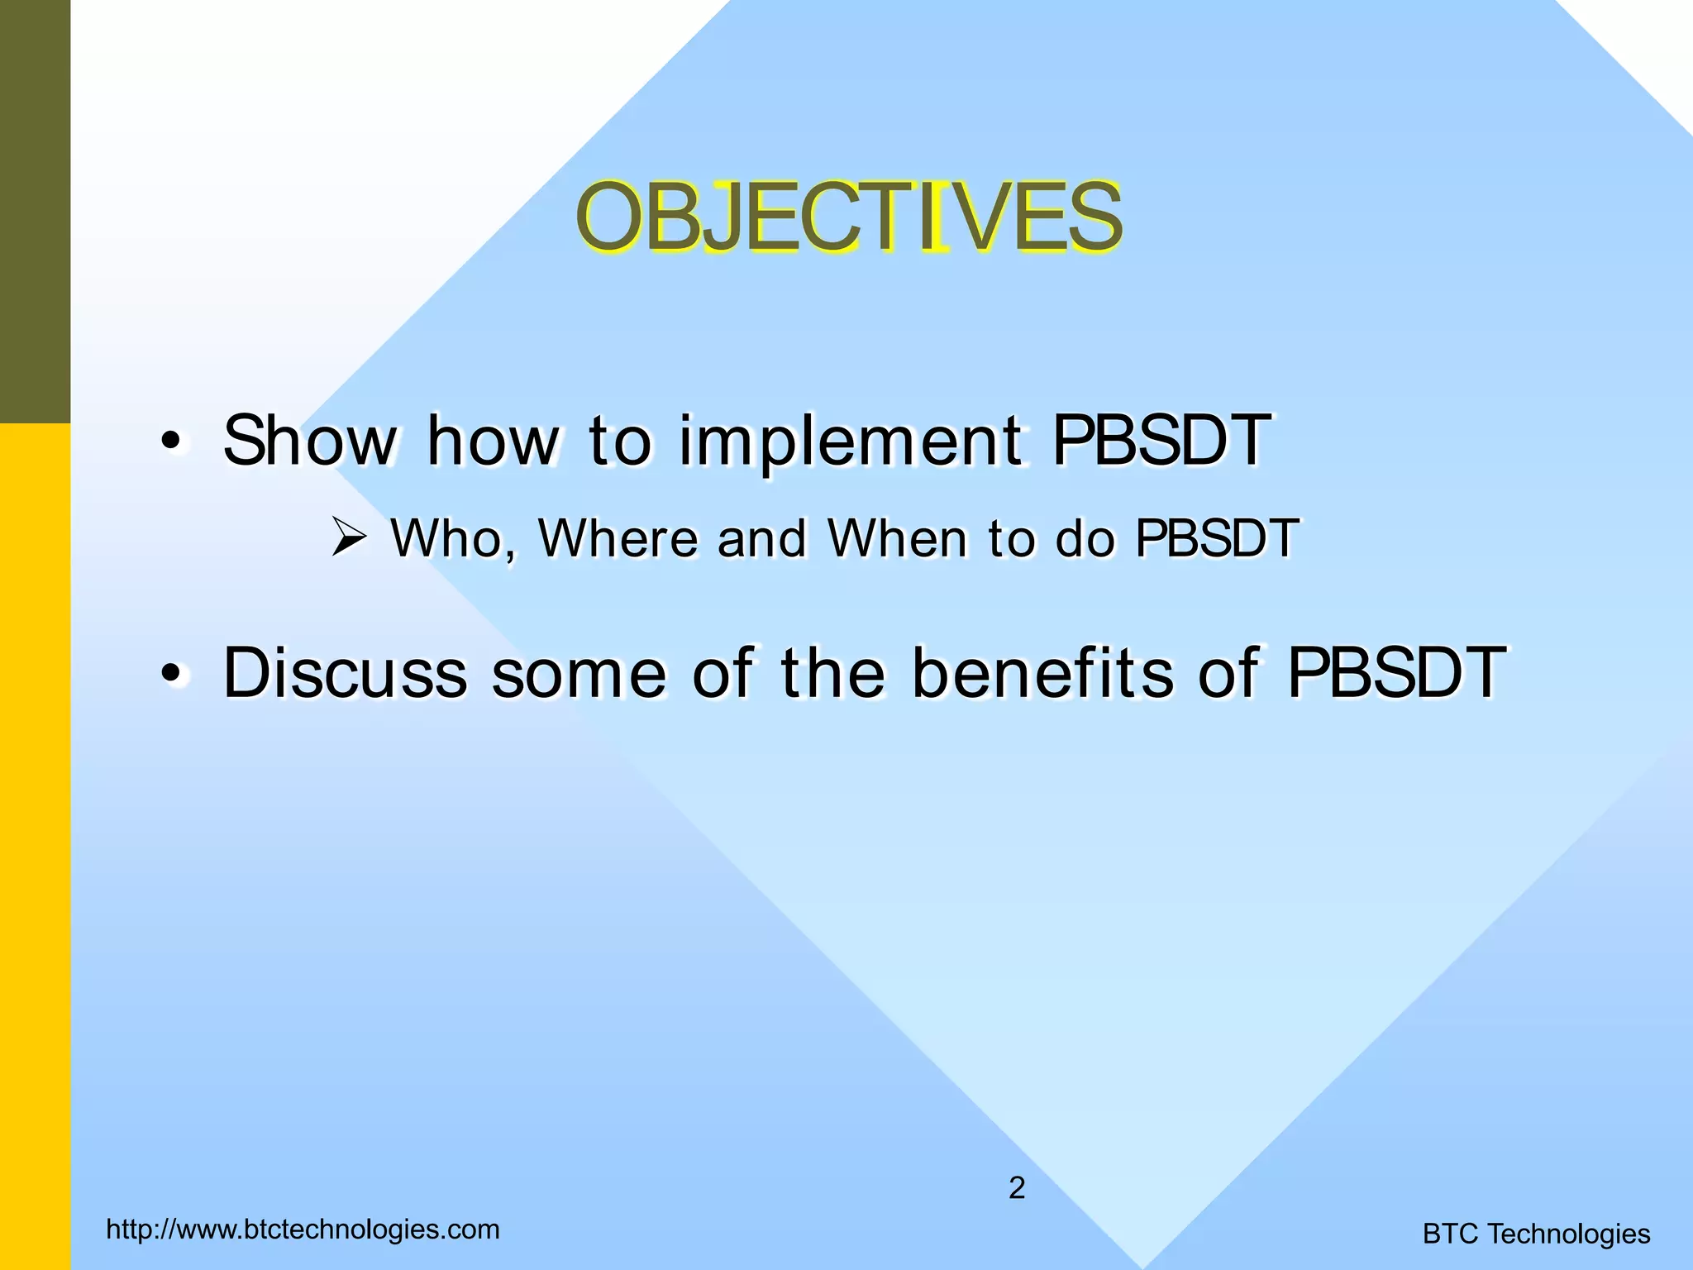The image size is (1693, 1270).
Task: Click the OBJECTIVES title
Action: pos(849,217)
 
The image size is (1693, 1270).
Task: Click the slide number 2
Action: pos(1017,1188)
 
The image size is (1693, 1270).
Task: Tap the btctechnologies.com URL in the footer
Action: pos(303,1229)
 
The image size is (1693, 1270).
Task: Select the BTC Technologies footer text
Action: pos(1536,1234)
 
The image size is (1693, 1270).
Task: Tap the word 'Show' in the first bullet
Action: pos(310,441)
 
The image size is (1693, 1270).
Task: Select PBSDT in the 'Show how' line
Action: pos(1161,441)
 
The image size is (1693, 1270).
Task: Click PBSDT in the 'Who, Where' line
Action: pos(1217,539)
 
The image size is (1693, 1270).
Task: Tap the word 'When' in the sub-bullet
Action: pos(897,539)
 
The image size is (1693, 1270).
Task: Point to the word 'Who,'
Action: pos(454,539)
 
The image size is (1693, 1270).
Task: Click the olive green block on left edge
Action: pos(35,211)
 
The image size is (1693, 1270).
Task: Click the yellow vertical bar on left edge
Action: pos(35,843)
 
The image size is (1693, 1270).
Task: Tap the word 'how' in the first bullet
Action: pos(493,441)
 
